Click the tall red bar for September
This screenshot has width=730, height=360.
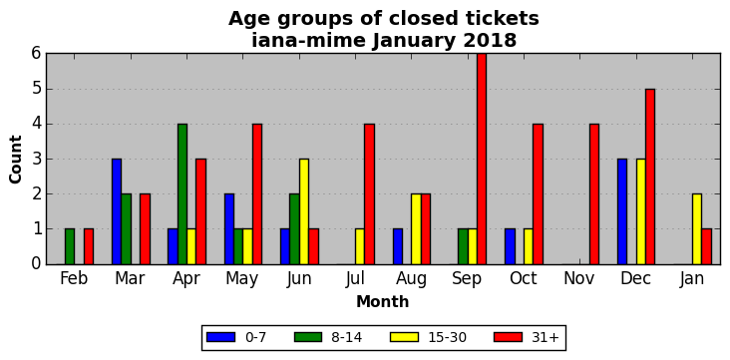(482, 159)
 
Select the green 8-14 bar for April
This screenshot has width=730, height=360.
(182, 194)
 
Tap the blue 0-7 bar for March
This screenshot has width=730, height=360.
(117, 211)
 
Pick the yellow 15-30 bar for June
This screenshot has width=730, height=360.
(304, 211)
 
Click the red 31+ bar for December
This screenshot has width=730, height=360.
(650, 177)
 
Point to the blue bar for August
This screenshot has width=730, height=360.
(398, 247)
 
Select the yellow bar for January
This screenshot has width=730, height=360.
(697, 229)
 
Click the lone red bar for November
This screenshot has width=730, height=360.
(594, 194)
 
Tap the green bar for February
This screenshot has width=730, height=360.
(70, 247)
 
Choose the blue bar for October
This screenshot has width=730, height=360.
(510, 247)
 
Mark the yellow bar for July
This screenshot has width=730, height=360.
(360, 247)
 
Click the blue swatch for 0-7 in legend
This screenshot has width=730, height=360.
(220, 337)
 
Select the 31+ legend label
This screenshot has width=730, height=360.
(545, 337)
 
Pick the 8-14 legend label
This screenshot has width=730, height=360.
(346, 337)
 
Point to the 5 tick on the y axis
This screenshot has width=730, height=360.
(36, 89)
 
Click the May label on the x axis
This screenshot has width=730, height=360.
(242, 279)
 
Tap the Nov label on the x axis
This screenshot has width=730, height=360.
(579, 278)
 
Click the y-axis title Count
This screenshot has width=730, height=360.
(15, 160)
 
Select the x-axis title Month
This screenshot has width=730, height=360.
(383, 302)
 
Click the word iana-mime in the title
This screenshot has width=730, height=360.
(309, 40)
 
